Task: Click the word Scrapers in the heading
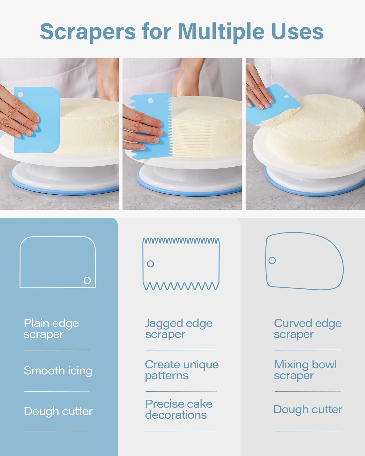(88, 32)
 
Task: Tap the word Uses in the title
(298, 32)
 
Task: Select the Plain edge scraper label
(51, 329)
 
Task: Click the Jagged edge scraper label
(179, 329)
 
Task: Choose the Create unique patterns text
(182, 370)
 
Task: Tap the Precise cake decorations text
(179, 409)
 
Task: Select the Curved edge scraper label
(308, 329)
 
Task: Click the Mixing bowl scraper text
(305, 370)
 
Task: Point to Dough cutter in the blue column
(58, 411)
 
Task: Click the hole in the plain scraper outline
(87, 281)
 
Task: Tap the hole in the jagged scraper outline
(151, 264)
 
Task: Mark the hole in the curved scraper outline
(272, 260)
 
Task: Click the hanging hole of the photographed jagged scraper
(150, 100)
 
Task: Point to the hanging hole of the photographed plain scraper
(20, 94)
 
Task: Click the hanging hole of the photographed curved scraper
(286, 97)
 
